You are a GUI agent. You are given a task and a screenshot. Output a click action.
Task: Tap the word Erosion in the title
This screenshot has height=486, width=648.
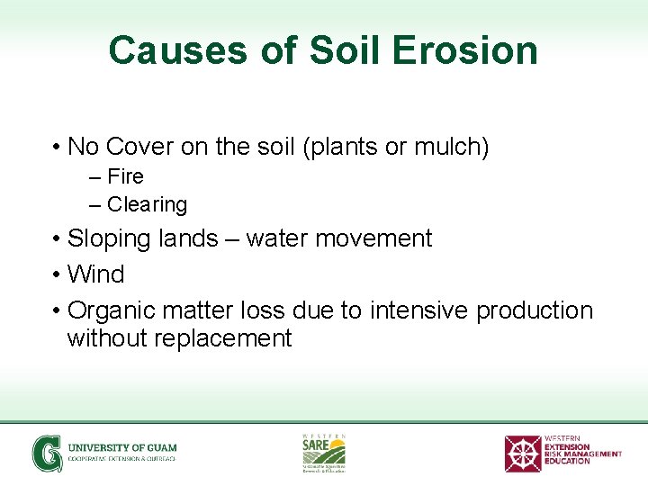464,50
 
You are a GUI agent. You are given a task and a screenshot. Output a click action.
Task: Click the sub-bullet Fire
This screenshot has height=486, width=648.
125,176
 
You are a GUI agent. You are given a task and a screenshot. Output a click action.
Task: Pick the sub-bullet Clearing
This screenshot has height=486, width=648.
147,205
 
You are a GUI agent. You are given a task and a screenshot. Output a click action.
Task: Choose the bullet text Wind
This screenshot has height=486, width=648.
95,274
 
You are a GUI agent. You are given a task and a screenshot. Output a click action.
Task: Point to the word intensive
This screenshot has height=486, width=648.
418,310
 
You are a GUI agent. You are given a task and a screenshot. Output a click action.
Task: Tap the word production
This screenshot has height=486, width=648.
535,310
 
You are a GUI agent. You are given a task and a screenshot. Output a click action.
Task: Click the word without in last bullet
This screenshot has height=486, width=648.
103,338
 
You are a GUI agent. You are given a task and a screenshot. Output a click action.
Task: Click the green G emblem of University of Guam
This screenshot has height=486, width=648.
47,453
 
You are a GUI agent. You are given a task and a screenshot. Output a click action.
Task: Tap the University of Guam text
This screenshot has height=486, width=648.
122,447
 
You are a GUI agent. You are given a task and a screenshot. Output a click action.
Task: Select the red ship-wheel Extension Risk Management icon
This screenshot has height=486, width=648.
522,453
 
